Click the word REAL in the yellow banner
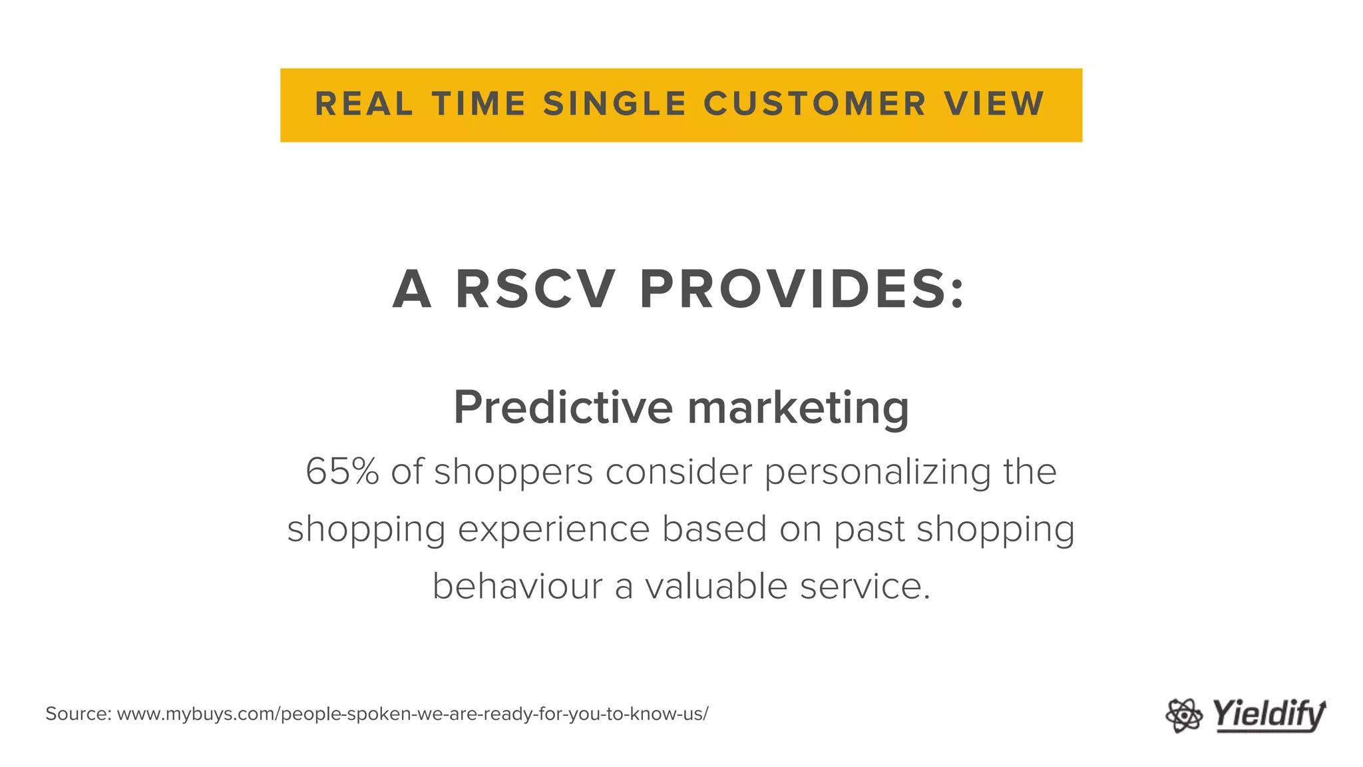click(x=363, y=105)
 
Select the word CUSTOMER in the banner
click(x=815, y=105)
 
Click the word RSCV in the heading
click(x=534, y=290)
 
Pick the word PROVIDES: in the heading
click(x=802, y=290)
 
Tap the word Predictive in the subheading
click(x=563, y=407)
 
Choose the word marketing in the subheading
click(x=798, y=407)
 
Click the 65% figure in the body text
click(x=342, y=471)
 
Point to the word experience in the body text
click(x=554, y=530)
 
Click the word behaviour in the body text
click(x=517, y=587)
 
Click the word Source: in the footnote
click(x=78, y=714)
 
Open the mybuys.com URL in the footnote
click(x=413, y=714)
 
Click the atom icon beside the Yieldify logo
click(x=1184, y=716)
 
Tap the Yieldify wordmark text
click(x=1268, y=715)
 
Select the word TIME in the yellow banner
click(x=479, y=105)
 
